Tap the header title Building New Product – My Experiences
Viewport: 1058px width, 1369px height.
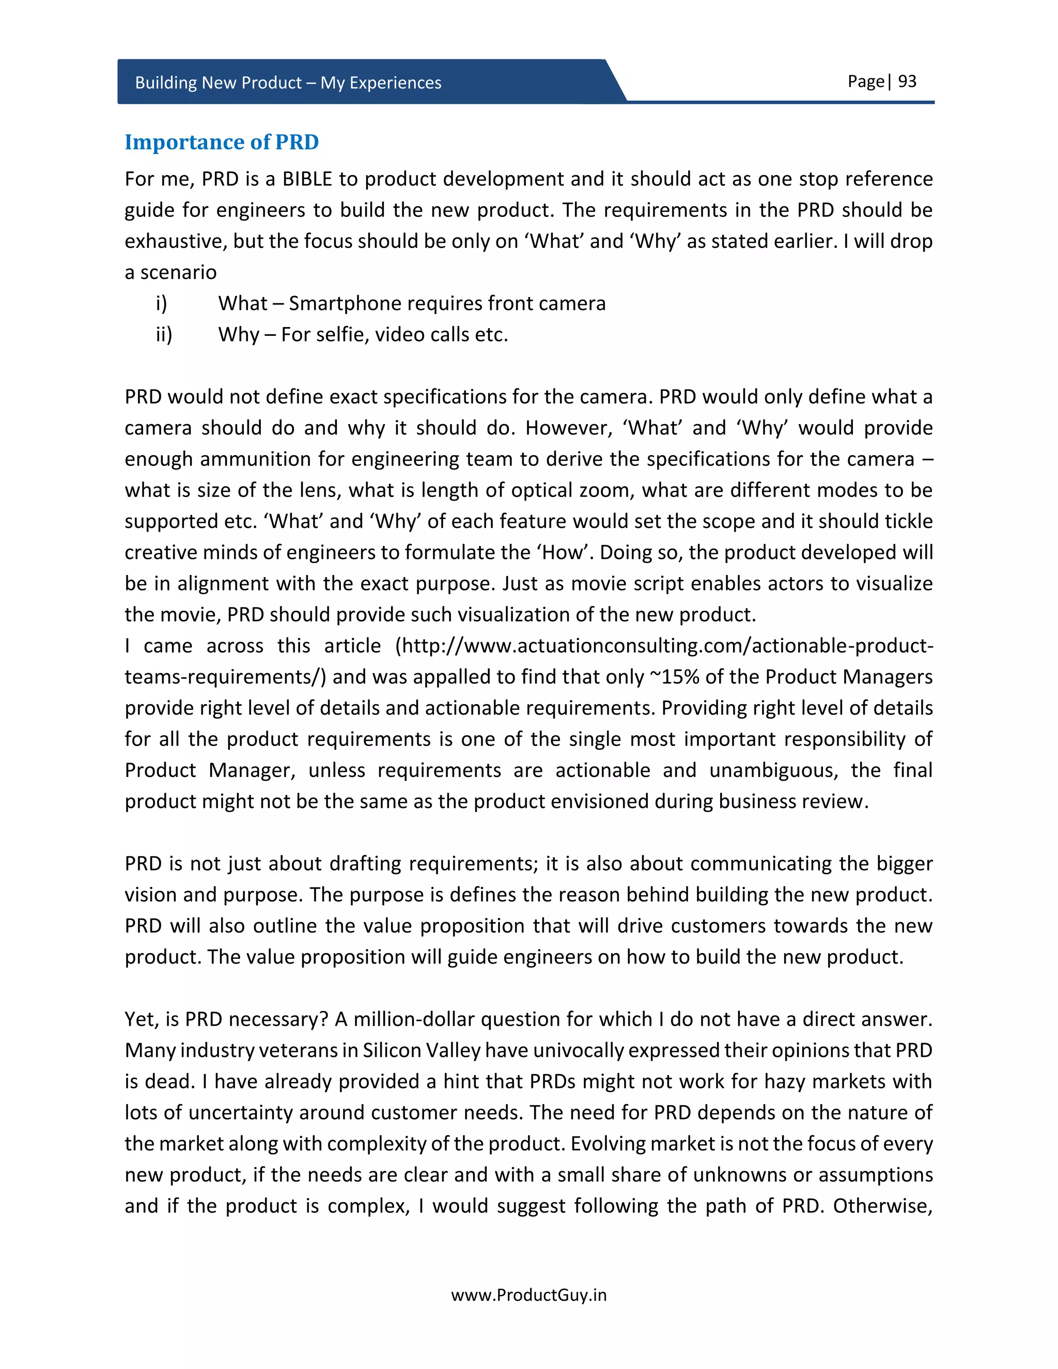click(x=288, y=83)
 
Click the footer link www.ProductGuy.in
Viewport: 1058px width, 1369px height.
click(x=528, y=1295)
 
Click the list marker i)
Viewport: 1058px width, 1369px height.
click(x=161, y=303)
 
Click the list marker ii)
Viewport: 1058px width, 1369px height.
click(x=164, y=335)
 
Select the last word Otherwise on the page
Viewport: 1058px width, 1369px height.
click(x=882, y=1206)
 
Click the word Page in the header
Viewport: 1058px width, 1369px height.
click(x=865, y=82)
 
